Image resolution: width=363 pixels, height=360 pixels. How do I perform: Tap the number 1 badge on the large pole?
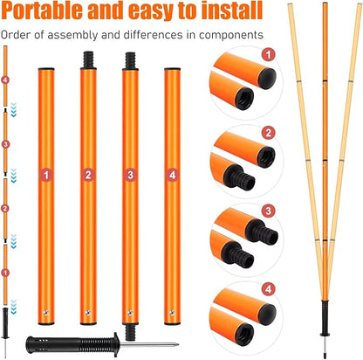(x=45, y=175)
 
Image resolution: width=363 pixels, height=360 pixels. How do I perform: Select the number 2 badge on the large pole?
(x=87, y=175)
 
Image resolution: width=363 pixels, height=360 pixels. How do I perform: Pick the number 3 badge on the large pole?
(x=129, y=175)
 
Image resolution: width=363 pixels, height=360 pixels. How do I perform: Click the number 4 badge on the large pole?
(x=171, y=175)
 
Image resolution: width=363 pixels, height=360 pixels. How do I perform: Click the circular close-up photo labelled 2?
(x=240, y=157)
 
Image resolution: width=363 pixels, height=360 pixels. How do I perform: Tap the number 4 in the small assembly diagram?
(x=8, y=80)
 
